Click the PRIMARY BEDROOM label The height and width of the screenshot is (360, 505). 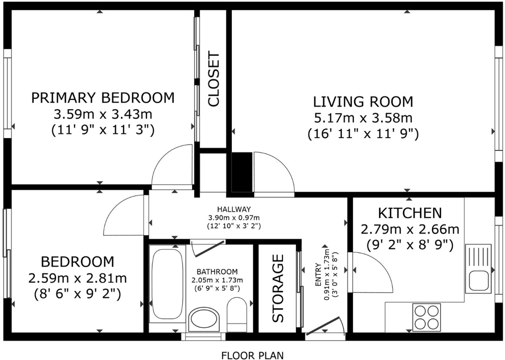[103, 98]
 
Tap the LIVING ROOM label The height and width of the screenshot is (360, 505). [363, 102]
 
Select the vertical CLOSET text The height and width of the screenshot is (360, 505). [214, 79]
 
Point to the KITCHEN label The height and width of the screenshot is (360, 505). [409, 213]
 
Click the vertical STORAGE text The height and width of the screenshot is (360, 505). [278, 288]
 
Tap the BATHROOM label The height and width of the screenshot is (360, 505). [217, 272]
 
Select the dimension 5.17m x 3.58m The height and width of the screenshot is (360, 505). [363, 118]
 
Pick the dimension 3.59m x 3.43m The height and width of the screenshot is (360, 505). [103, 114]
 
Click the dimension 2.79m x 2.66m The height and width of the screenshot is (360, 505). [409, 229]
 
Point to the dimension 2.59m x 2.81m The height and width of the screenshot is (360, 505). [77, 278]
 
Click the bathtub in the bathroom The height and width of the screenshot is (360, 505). [167, 283]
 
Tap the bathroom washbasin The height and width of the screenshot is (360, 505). [204, 319]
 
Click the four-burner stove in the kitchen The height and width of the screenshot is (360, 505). [426, 317]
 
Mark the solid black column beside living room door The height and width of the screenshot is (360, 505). [242, 171]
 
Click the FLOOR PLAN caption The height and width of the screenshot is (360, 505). [252, 355]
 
